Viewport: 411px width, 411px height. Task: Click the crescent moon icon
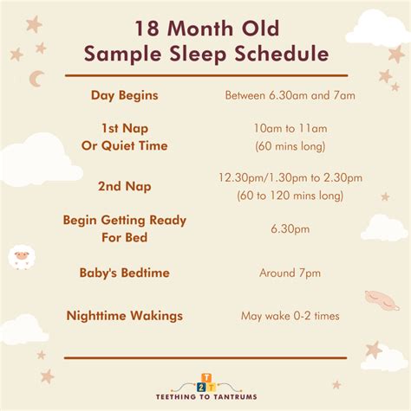(35, 79)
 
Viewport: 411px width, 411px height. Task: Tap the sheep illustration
(21, 257)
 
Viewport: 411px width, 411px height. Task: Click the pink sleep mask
(382, 300)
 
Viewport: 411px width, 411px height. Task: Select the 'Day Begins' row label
(125, 95)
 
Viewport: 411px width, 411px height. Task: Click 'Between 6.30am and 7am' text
(290, 95)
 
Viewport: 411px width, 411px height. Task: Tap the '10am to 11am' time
(290, 128)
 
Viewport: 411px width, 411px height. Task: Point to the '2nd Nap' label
(125, 186)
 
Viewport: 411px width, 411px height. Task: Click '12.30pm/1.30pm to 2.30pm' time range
(290, 177)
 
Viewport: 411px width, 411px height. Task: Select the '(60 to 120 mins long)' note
(290, 196)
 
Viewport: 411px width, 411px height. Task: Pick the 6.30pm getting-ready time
(290, 229)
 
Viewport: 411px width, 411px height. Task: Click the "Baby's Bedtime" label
(125, 273)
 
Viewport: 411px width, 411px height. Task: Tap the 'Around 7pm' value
(290, 273)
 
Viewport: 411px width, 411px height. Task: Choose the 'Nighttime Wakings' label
(125, 316)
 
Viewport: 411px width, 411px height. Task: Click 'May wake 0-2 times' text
(290, 316)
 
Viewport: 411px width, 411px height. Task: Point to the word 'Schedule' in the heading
(282, 54)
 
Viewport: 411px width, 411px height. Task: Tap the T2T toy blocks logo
(206, 383)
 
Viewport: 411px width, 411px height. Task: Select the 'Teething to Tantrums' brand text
(206, 397)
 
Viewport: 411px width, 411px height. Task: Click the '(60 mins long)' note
(290, 146)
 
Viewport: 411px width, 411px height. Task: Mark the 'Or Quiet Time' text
(125, 145)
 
